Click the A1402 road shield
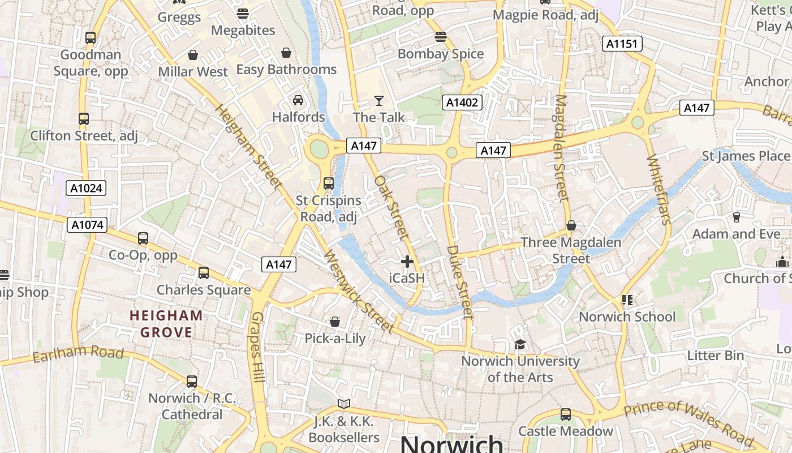tap(462, 102)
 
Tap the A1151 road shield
tap(622, 44)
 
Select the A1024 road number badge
tap(86, 188)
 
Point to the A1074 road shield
tap(87, 225)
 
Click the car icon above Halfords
tap(298, 101)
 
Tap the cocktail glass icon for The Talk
tap(379, 101)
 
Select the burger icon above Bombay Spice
tap(441, 37)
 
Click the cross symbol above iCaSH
tap(407, 262)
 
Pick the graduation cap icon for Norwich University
tap(520, 344)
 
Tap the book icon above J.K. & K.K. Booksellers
tap(344, 404)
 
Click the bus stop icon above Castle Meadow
tap(565, 414)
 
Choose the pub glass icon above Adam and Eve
tap(737, 217)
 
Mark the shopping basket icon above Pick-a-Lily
tap(335, 322)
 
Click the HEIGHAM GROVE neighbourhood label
tap(166, 324)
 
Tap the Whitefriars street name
tap(658, 189)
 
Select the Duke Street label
tap(459, 281)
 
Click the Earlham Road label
tap(78, 353)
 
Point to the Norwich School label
tap(627, 317)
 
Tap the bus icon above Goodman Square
tap(91, 38)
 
